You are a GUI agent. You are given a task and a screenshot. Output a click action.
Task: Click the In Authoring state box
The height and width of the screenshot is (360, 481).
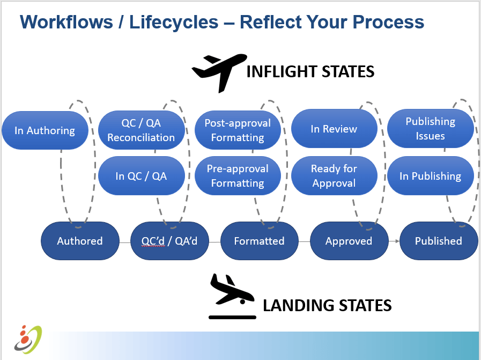[45, 130]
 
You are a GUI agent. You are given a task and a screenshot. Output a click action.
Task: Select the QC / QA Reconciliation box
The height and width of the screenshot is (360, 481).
[141, 130]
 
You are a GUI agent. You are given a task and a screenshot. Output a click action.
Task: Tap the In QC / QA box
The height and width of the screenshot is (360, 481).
[141, 176]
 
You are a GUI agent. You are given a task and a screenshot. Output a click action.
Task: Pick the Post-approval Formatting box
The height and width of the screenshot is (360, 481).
[238, 130]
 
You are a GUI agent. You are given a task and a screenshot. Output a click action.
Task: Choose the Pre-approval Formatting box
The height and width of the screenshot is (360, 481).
[238, 176]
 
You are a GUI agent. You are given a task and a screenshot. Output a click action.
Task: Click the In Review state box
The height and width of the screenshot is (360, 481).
[334, 129]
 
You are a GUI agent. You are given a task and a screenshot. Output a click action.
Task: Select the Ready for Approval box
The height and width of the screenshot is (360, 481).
[334, 176]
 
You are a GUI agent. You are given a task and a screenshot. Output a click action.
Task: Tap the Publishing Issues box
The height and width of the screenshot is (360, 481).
[430, 129]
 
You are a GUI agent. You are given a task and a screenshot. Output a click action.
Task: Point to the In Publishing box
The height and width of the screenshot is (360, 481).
[430, 176]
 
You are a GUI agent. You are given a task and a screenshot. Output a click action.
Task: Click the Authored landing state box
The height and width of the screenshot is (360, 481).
[80, 241]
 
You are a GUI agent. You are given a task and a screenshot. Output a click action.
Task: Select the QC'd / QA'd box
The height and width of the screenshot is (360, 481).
[169, 241]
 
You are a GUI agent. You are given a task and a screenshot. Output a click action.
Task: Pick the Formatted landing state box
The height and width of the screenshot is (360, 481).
[259, 241]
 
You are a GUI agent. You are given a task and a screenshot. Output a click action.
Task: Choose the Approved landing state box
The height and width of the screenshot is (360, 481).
[349, 241]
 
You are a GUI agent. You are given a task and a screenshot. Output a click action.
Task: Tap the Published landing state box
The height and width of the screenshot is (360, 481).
[438, 241]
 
